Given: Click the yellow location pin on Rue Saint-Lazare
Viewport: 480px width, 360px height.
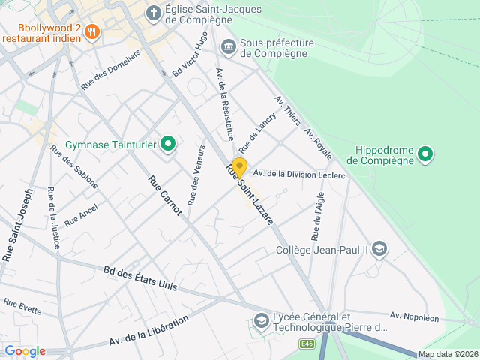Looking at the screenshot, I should pos(239,166).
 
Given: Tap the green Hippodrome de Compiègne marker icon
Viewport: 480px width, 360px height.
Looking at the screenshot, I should pos(426,155).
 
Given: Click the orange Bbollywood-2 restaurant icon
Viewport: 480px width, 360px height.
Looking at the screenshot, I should pos(93,31).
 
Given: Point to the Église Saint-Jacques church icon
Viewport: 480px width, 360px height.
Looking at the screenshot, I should pos(154,13).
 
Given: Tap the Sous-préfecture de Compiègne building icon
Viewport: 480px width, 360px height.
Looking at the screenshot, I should pos(228,47).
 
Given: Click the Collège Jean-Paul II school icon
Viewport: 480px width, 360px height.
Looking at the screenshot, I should pos(380,249).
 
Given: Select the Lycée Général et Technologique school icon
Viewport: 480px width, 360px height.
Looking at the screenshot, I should pos(262,322).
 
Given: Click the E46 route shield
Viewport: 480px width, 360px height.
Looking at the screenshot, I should pos(306,343).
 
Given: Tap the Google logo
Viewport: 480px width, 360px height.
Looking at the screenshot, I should pos(25,351).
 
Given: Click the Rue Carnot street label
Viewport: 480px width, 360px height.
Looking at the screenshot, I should pos(165,196).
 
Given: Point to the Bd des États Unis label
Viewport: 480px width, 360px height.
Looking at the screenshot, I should pos(140,278).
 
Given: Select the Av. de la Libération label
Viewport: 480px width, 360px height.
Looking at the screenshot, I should pos(148,331).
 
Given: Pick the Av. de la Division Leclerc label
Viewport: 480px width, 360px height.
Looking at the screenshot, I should pos(298,175).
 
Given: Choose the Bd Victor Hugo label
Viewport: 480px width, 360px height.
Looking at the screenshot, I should pos(190,58).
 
